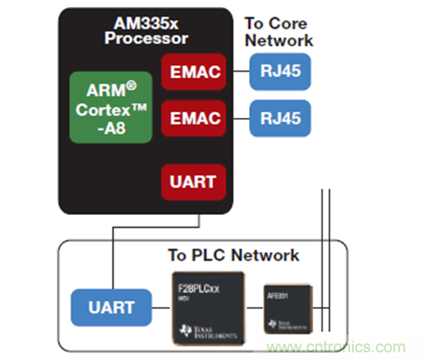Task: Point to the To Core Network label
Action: tap(279, 32)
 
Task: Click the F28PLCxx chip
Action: tap(206, 308)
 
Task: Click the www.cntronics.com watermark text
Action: tap(354, 345)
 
